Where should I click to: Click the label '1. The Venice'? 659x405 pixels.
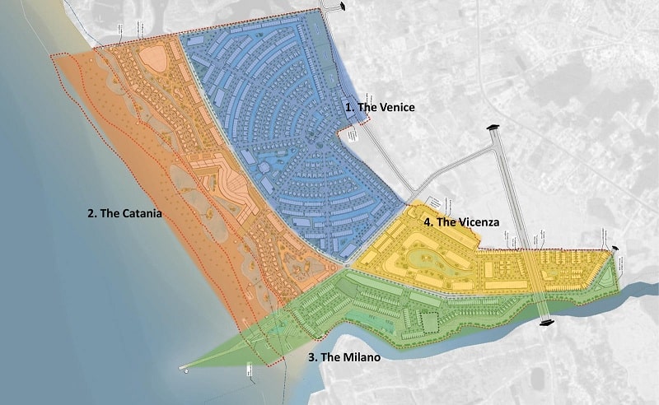(379, 108)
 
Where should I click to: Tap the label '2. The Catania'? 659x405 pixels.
(124, 213)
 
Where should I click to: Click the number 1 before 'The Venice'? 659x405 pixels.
(348, 108)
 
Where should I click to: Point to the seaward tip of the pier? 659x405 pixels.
(183, 369)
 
